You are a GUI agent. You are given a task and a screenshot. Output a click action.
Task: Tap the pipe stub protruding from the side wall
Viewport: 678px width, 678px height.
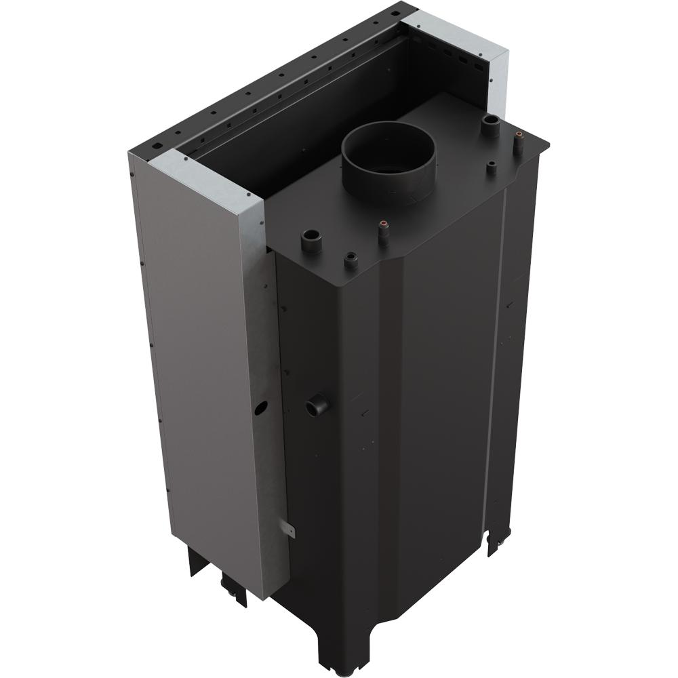[x=317, y=406]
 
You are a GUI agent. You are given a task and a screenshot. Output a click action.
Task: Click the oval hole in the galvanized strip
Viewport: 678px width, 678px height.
[x=261, y=408]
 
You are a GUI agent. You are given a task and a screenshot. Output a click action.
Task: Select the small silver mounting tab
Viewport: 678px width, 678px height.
[x=288, y=528]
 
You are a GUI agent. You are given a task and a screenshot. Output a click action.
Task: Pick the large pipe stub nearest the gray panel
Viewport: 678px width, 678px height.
[x=311, y=241]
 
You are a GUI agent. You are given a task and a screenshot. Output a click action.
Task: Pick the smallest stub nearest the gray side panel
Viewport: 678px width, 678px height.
[x=351, y=260]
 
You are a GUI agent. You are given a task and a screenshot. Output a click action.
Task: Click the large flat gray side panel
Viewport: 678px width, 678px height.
[x=197, y=373]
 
